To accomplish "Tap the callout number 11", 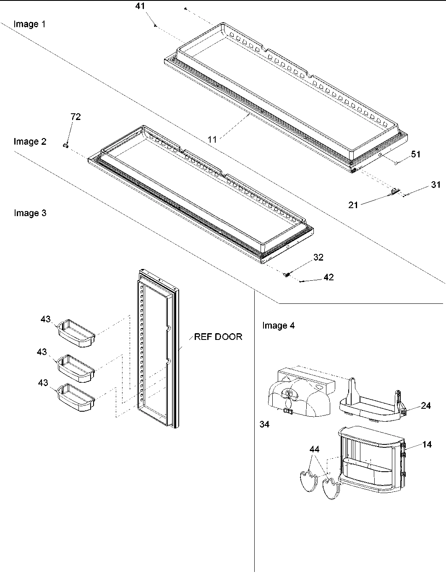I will [213, 139].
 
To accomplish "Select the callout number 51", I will [415, 154].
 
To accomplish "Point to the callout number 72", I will [76, 117].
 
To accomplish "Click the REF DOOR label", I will [218, 337].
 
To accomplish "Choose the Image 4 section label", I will [278, 325].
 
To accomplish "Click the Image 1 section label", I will [29, 24].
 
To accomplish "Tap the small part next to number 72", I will [65, 145].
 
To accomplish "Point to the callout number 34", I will [264, 424].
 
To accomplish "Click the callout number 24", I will [426, 405].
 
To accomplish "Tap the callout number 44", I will [314, 449].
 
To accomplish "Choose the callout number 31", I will [436, 184].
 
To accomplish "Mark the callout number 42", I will [329, 277].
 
